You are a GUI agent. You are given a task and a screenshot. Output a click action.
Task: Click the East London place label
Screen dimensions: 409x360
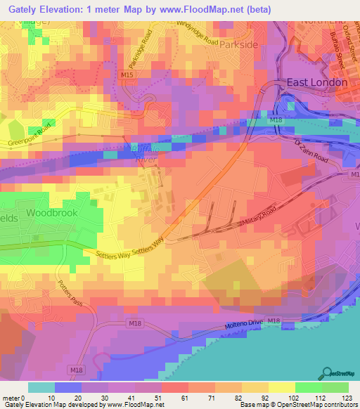pyautogui.click(x=316, y=82)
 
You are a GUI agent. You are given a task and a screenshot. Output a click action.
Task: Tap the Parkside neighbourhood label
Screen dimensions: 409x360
pyautogui.click(x=239, y=44)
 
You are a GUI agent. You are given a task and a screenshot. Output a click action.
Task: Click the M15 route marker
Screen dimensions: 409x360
pyautogui.click(x=127, y=74)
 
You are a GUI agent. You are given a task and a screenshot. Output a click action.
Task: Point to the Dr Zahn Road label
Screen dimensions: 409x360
pyautogui.click(x=311, y=150)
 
